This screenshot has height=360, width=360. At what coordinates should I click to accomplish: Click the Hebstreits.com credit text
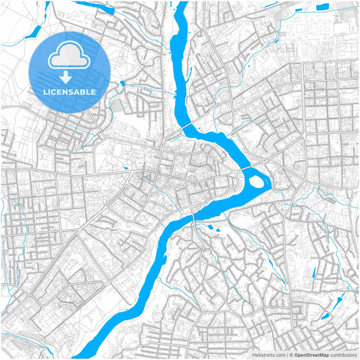269,353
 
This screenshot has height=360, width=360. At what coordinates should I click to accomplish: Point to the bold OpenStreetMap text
311,353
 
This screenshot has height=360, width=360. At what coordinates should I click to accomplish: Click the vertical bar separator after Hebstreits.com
286,353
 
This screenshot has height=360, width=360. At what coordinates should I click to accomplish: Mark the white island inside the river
257,180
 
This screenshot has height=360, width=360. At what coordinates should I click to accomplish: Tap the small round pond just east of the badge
122,84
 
